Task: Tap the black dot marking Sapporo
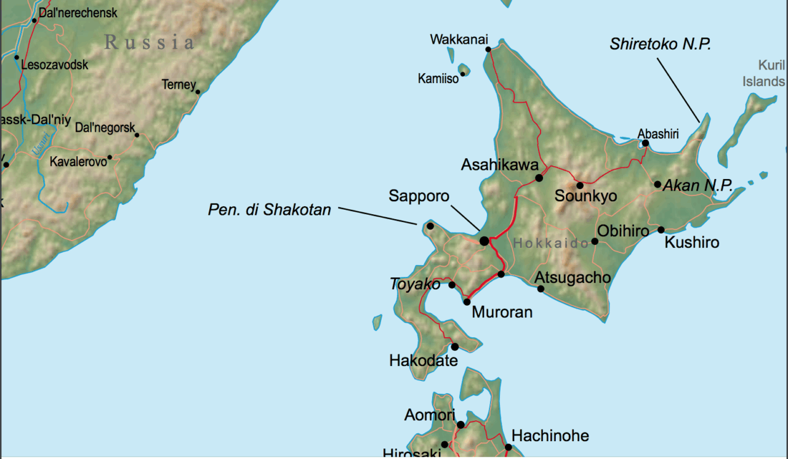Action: (484, 241)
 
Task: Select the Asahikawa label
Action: (500, 165)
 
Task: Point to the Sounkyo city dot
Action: (579, 185)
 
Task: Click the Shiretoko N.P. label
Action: (661, 44)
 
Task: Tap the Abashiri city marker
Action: (645, 143)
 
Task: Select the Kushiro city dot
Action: (661, 230)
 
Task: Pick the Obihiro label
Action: (623, 231)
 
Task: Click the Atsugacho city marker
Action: (541, 289)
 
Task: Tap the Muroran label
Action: (502, 313)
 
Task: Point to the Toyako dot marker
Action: (452, 285)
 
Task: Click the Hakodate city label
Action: (424, 361)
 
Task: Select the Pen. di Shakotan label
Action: (270, 210)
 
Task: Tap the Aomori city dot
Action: (460, 425)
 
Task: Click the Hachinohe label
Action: (550, 436)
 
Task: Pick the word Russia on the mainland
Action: (150, 42)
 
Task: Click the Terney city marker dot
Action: (198, 92)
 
